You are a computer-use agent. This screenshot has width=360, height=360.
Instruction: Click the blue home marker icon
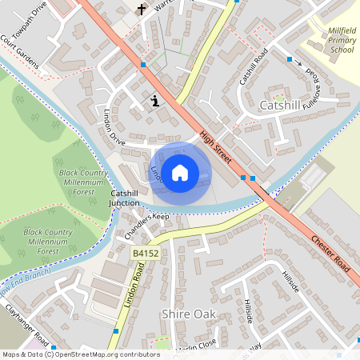pos(180,172)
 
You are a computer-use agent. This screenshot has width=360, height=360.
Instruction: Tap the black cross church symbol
pos(142,10)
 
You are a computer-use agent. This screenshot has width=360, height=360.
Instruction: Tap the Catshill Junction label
pos(125,198)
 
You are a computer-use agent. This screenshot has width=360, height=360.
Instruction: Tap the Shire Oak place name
pos(187,313)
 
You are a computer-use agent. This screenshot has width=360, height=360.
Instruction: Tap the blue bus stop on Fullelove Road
pos(289,58)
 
